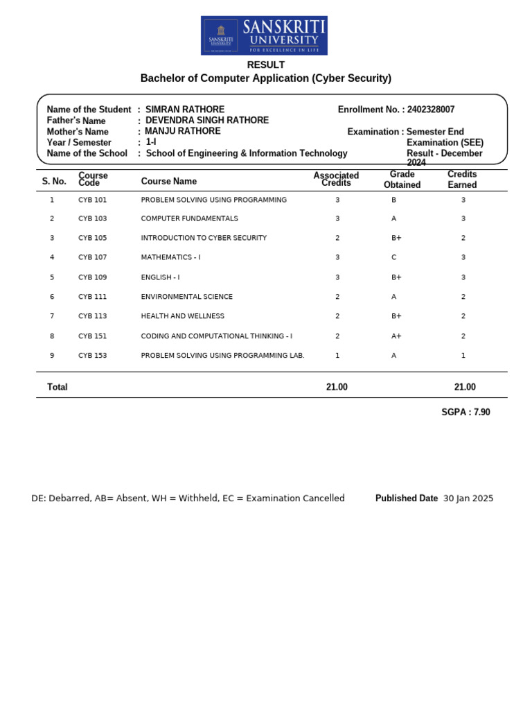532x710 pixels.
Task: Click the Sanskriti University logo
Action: pyautogui.click(x=264, y=36)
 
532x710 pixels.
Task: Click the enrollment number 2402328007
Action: pyautogui.click(x=431, y=110)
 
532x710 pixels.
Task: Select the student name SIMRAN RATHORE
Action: pyautogui.click(x=185, y=110)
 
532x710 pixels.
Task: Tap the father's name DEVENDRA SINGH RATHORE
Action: pyautogui.click(x=207, y=121)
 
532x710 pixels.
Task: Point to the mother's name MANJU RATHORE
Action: pyautogui.click(x=183, y=131)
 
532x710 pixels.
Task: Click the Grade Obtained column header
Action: pyautogui.click(x=402, y=180)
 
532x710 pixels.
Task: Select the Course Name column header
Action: pyautogui.click(x=169, y=182)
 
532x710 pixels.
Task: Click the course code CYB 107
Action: pyautogui.click(x=93, y=257)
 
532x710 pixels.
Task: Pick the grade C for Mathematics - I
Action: pyautogui.click(x=394, y=257)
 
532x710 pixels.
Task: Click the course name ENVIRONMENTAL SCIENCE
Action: pyautogui.click(x=187, y=297)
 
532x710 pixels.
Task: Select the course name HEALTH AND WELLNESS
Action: pyautogui.click(x=183, y=316)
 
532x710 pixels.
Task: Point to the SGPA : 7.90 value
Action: pyautogui.click(x=465, y=412)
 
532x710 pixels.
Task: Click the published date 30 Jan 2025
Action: pyautogui.click(x=468, y=499)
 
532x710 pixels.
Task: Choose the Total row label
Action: pyautogui.click(x=57, y=387)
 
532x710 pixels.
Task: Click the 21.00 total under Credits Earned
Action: pyautogui.click(x=465, y=387)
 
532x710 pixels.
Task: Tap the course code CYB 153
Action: pyautogui.click(x=93, y=356)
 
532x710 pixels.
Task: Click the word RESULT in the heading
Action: pyautogui.click(x=266, y=64)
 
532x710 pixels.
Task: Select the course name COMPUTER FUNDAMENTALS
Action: pyautogui.click(x=190, y=218)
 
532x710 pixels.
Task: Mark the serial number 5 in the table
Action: pyautogui.click(x=52, y=277)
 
